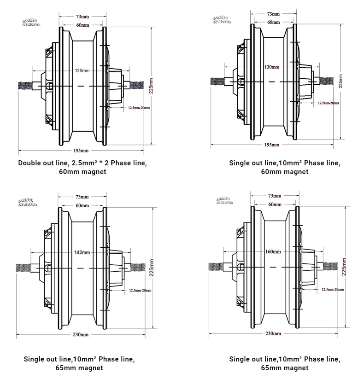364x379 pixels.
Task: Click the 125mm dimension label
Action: (82, 71)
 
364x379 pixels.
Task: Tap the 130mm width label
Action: (272, 67)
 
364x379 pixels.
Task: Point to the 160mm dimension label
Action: (273, 251)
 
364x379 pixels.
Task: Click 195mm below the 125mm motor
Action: (81, 151)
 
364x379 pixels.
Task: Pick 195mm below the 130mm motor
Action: (272, 145)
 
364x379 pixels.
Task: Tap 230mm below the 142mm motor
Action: (81, 334)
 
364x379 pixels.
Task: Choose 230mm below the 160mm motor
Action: (273, 333)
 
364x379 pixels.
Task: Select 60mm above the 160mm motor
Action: (275, 204)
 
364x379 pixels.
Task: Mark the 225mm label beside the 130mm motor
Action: (341, 80)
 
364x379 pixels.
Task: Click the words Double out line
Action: (41, 163)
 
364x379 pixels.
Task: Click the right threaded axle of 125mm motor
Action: (139, 85)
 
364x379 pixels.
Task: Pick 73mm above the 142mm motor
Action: (82, 196)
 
